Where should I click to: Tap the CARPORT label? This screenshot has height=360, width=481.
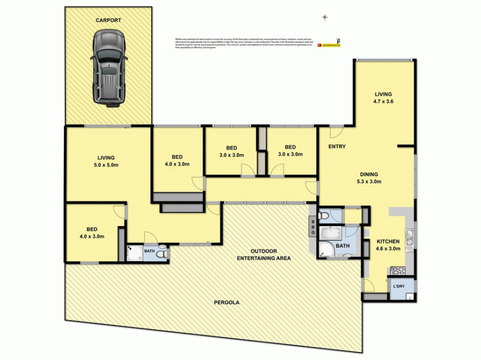109,21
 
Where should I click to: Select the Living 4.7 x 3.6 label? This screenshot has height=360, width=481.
383,97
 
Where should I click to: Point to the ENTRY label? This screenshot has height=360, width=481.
337,147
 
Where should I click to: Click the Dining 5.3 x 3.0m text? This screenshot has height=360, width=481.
369,178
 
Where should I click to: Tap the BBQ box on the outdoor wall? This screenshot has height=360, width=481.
313,227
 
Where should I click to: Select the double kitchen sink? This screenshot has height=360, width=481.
410,237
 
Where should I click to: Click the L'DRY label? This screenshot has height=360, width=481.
399,286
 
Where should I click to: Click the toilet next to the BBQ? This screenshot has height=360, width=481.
324,216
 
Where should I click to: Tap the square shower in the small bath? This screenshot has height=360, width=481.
134,253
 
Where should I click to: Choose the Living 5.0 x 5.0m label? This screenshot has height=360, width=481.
107,161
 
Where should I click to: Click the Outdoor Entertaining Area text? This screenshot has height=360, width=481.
264,254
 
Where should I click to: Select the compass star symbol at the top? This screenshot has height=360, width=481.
325,18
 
